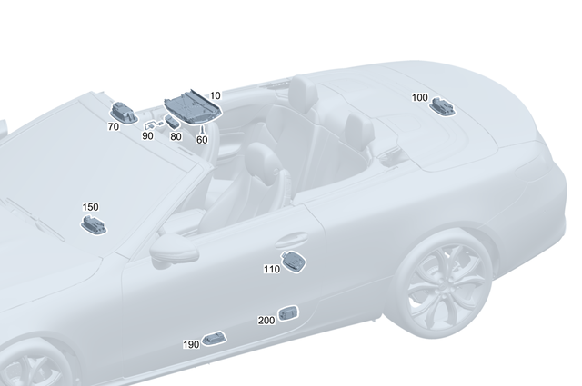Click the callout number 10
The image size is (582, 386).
click(x=216, y=95)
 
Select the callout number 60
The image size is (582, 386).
click(x=202, y=139)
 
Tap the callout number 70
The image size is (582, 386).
click(x=113, y=127)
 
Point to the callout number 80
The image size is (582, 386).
click(x=176, y=136)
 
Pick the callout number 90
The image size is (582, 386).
click(x=147, y=135)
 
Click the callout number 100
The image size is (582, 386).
click(x=419, y=97)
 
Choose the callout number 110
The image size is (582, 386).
click(x=272, y=270)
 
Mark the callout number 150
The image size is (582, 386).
click(x=90, y=207)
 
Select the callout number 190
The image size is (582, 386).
click(x=191, y=345)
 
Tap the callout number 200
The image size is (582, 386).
click(x=266, y=321)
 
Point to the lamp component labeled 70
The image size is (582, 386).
click(x=125, y=112)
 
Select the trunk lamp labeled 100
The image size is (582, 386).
click(x=444, y=107)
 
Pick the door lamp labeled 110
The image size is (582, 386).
click(x=296, y=261)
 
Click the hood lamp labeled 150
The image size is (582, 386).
click(x=95, y=223)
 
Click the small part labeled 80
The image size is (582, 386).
click(x=171, y=121)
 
